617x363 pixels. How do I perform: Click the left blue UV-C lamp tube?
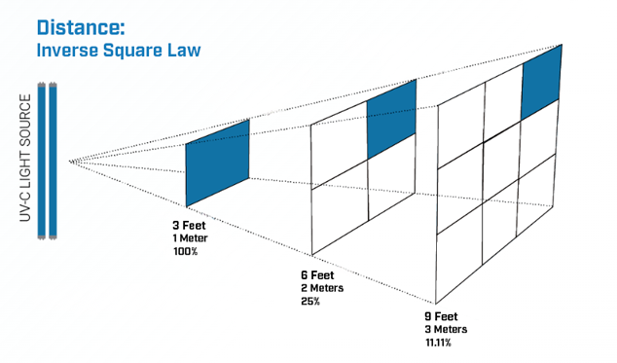pyautogui.click(x=42, y=162)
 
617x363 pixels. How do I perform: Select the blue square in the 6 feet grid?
pyautogui.click(x=391, y=120)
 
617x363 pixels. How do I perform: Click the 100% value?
pyautogui.click(x=185, y=251)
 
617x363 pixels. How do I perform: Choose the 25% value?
pyautogui.click(x=311, y=303)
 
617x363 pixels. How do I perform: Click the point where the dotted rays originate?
pyautogui.click(x=70, y=161)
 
